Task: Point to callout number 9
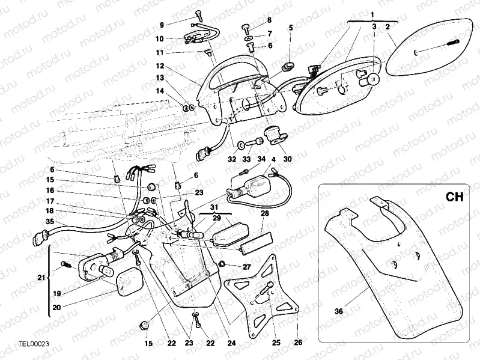click(x=161, y=25)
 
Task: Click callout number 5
click(x=291, y=28)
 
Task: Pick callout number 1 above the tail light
click(x=372, y=14)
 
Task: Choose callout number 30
click(x=287, y=159)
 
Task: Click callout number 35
click(x=50, y=222)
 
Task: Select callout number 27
click(x=246, y=266)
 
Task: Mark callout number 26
click(x=299, y=343)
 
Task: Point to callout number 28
click(x=264, y=213)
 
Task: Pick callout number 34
click(x=261, y=159)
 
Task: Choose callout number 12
click(x=160, y=66)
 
